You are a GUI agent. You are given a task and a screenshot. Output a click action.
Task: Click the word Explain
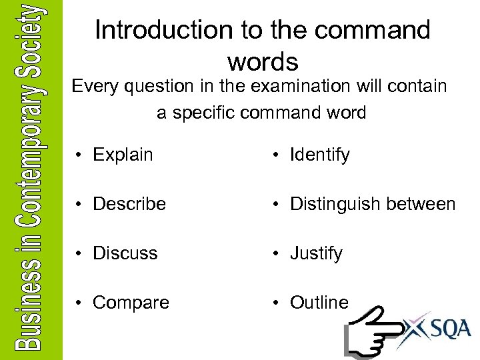123,155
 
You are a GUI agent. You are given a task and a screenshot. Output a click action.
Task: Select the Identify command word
319,155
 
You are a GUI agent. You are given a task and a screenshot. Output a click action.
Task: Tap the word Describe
129,204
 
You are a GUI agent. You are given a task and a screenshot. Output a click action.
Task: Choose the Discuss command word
125,253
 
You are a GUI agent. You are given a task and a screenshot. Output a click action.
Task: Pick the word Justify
316,253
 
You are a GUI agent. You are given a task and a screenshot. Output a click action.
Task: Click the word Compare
131,303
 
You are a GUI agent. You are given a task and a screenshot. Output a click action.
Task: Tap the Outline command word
319,303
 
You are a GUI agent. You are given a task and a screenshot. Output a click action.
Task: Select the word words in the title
263,61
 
